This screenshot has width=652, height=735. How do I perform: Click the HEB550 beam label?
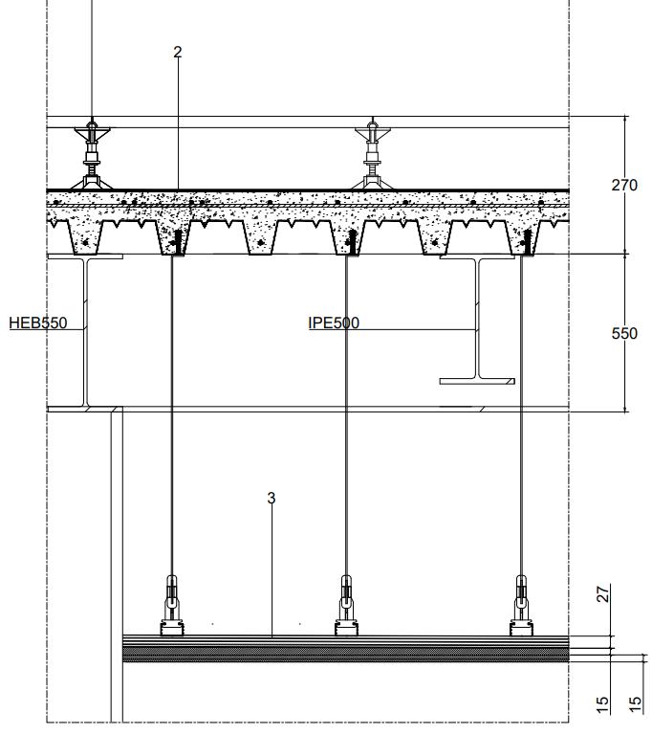38,323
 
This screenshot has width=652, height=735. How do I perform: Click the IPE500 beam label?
334,323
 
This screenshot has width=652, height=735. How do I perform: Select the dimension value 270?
624,185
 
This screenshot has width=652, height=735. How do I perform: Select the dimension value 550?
624,333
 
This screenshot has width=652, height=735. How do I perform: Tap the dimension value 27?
603,594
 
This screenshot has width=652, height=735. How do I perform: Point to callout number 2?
177,53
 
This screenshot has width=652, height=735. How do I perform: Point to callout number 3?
272,498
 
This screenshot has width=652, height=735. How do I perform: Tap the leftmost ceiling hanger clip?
172,604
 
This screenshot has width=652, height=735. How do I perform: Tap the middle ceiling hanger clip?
346,604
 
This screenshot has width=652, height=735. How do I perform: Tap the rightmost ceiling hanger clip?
522,604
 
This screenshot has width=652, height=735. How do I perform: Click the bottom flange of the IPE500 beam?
477,381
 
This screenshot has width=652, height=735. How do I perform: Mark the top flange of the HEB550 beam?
86,256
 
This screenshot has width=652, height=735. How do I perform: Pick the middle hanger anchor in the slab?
349,241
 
